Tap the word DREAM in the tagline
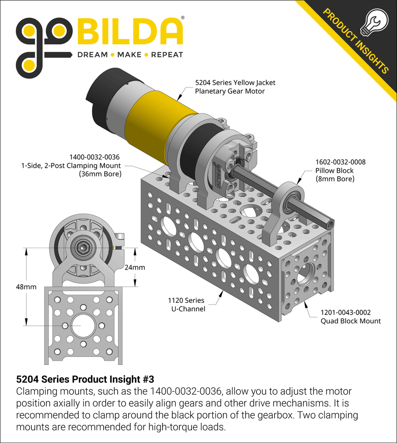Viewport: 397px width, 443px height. (92, 55)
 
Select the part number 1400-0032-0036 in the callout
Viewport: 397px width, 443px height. (94, 157)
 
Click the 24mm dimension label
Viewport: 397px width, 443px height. (135, 268)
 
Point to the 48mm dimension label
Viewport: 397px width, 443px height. (26, 287)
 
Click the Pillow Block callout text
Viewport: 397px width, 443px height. (334, 171)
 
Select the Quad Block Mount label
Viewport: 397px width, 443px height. (350, 321)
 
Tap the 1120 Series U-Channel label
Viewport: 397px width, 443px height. (186, 304)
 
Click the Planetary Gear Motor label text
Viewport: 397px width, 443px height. (230, 91)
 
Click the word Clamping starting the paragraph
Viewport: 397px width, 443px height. (37, 391)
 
